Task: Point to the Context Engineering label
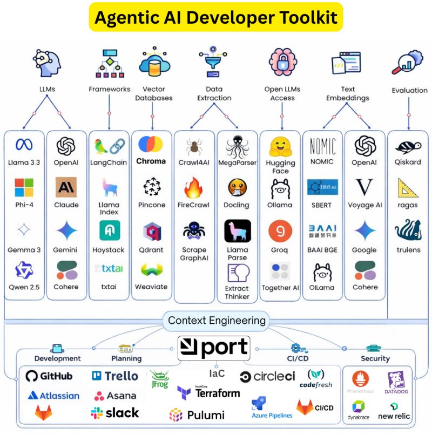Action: (217, 321)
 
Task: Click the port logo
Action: (214, 348)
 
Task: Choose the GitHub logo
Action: (49, 376)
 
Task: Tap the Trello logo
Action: (115, 376)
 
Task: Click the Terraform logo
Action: (208, 392)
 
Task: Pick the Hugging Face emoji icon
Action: (280, 146)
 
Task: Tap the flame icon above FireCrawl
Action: (193, 188)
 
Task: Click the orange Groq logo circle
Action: (280, 231)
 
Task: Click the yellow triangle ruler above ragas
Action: (408, 188)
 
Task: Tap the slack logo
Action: (115, 413)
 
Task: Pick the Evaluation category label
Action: (409, 90)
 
